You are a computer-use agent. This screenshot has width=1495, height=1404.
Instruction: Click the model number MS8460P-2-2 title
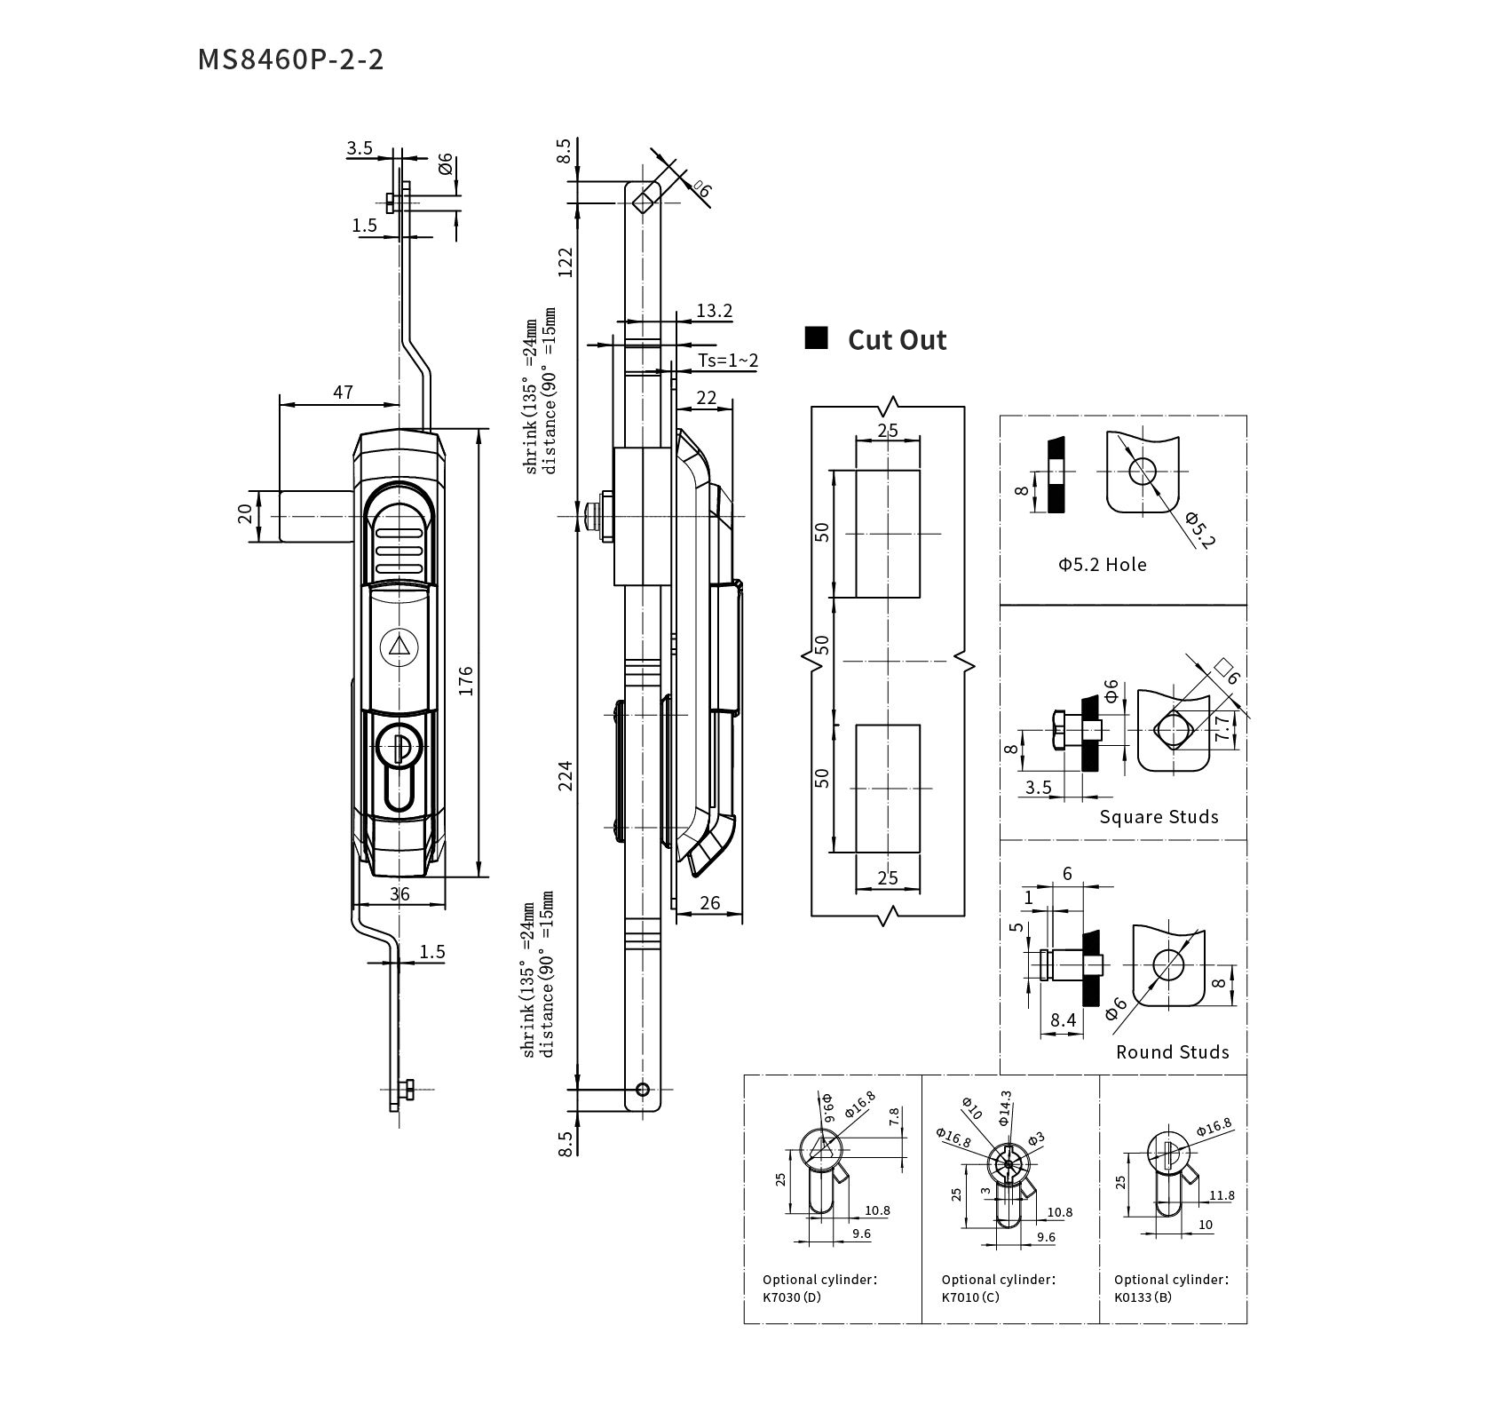point(290,59)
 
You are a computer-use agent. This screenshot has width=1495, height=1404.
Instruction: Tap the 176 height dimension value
point(466,679)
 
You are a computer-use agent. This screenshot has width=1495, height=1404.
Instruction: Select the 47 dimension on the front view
point(343,392)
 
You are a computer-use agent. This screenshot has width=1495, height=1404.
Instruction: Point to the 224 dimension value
point(566,775)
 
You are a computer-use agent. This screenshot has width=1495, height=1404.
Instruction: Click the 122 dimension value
point(566,261)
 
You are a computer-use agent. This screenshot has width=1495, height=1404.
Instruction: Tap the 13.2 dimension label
point(714,311)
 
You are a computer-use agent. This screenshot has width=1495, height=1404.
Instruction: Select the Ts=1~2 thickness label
point(728,360)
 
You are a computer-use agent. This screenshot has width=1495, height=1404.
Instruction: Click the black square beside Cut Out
point(816,338)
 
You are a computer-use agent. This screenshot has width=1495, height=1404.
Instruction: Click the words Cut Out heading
point(897,340)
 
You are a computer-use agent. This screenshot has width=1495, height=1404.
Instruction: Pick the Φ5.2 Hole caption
point(1102,565)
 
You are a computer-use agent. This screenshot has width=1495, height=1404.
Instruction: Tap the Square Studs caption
point(1159,817)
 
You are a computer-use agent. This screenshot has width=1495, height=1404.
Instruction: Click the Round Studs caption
point(1172,1052)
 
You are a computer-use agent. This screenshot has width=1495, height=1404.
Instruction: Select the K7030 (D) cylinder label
point(792,1297)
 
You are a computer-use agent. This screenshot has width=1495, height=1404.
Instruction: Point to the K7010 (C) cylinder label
point(970,1297)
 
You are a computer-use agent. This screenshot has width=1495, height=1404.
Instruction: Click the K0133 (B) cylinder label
point(1143,1297)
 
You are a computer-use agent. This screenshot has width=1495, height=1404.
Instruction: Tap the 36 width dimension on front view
point(399,894)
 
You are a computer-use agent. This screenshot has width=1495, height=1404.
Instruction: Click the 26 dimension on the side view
point(709,903)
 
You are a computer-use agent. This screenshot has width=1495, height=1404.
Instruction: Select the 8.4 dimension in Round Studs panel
point(1063,1020)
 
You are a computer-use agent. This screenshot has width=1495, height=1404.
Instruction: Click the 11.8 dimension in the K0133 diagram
point(1222,1195)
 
